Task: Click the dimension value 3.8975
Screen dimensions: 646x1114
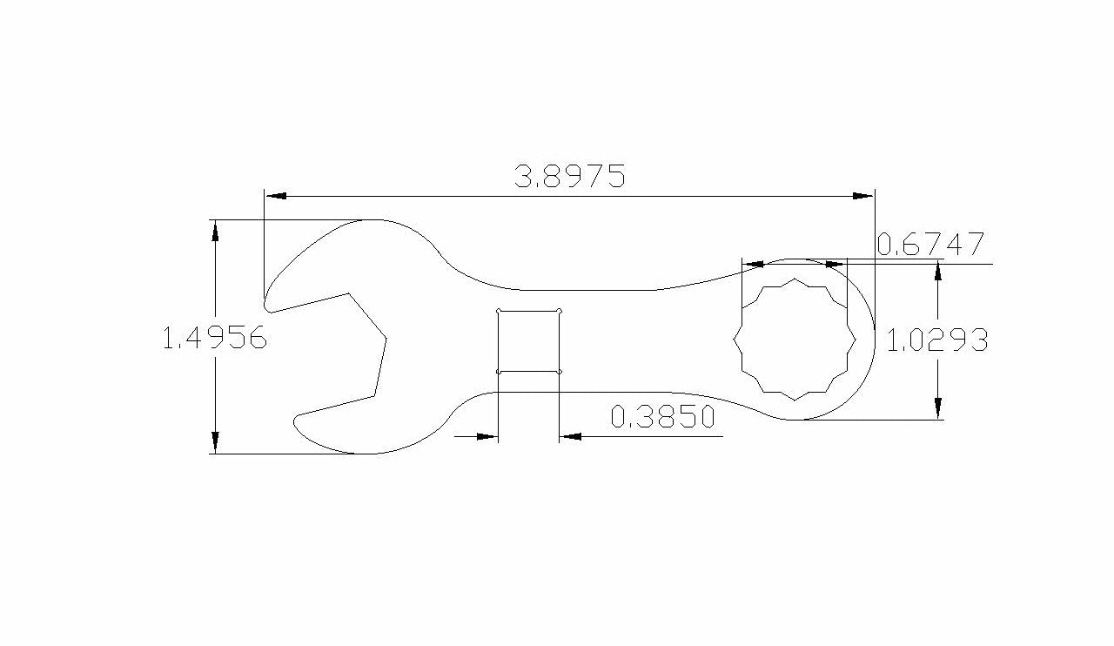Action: click(x=570, y=177)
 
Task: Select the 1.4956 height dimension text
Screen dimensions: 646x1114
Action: click(x=214, y=338)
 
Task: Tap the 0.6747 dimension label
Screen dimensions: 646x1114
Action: click(x=930, y=245)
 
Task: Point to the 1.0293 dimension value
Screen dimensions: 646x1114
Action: click(x=936, y=340)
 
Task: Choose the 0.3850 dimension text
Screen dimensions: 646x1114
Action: click(x=663, y=418)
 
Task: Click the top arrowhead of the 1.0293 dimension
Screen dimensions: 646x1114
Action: click(x=937, y=273)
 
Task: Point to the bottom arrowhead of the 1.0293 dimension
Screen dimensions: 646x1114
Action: click(x=937, y=409)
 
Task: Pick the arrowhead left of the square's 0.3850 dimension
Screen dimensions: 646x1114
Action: click(x=487, y=436)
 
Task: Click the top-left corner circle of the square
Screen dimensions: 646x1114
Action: click(x=498, y=310)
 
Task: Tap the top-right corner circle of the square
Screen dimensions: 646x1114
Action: click(x=559, y=310)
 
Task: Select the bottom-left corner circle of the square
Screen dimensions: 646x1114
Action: click(x=498, y=372)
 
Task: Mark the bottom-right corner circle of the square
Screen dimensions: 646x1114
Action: click(x=559, y=372)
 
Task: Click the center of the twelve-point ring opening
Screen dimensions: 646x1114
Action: click(x=794, y=340)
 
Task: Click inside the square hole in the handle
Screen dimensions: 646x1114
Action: click(x=528, y=341)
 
